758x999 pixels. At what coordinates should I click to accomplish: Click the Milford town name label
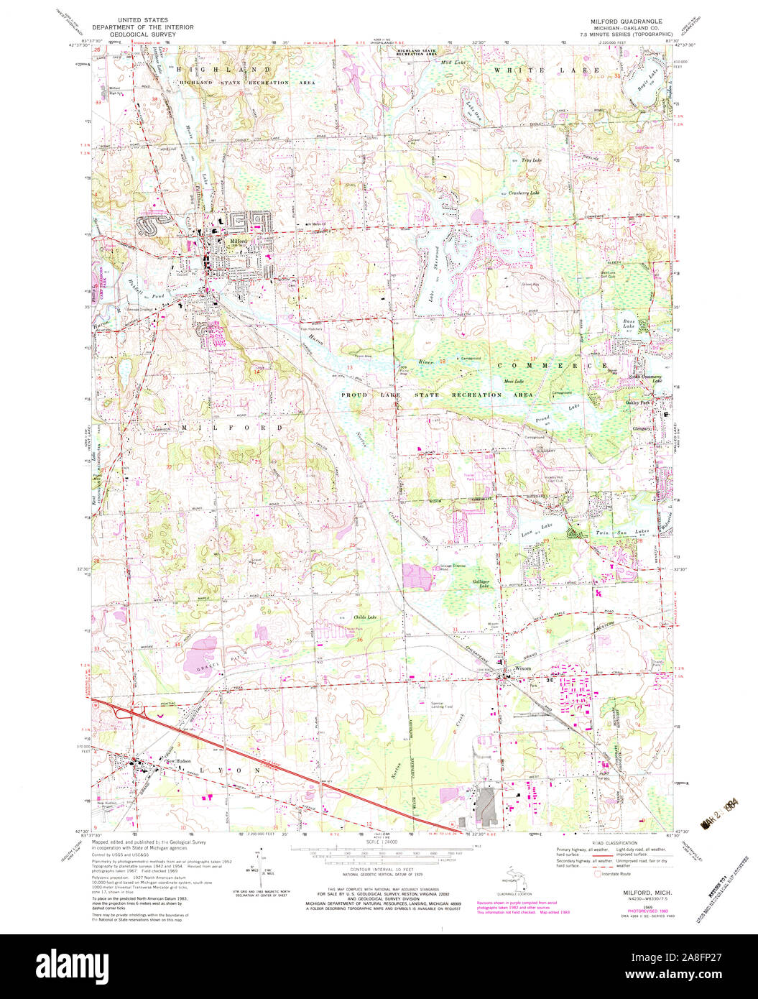click(239, 241)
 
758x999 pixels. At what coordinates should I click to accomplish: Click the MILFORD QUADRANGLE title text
click(621, 22)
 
